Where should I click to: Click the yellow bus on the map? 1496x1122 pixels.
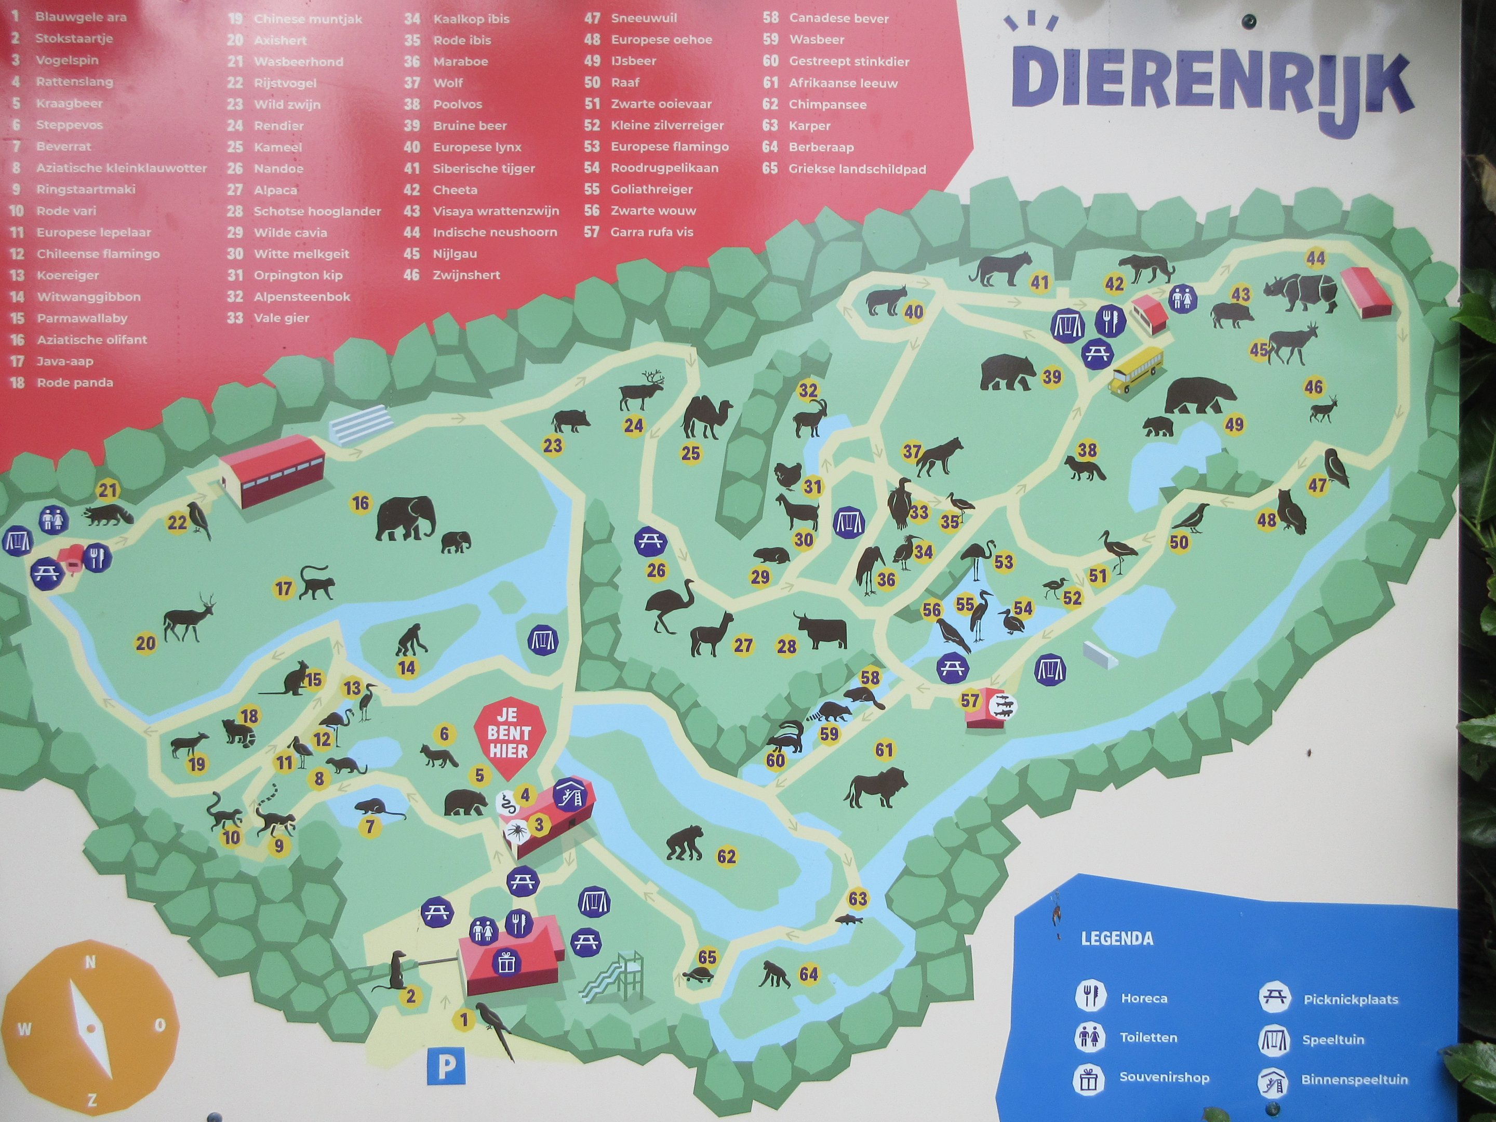pyautogui.click(x=1136, y=369)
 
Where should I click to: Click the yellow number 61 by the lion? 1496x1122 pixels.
pyautogui.click(x=884, y=750)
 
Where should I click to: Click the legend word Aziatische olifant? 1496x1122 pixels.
pyautogui.click(x=91, y=340)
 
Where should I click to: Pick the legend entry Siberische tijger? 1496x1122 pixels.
pyautogui.click(x=484, y=168)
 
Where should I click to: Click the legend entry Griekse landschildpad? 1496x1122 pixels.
pyautogui.click(x=857, y=169)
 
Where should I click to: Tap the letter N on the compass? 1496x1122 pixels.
pyautogui.click(x=90, y=961)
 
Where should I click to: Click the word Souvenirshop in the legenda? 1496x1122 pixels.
pyautogui.click(x=1164, y=1077)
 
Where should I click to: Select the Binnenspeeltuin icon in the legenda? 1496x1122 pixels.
pyautogui.click(x=1273, y=1079)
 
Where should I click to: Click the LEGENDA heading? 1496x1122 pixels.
pyautogui.click(x=1117, y=938)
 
